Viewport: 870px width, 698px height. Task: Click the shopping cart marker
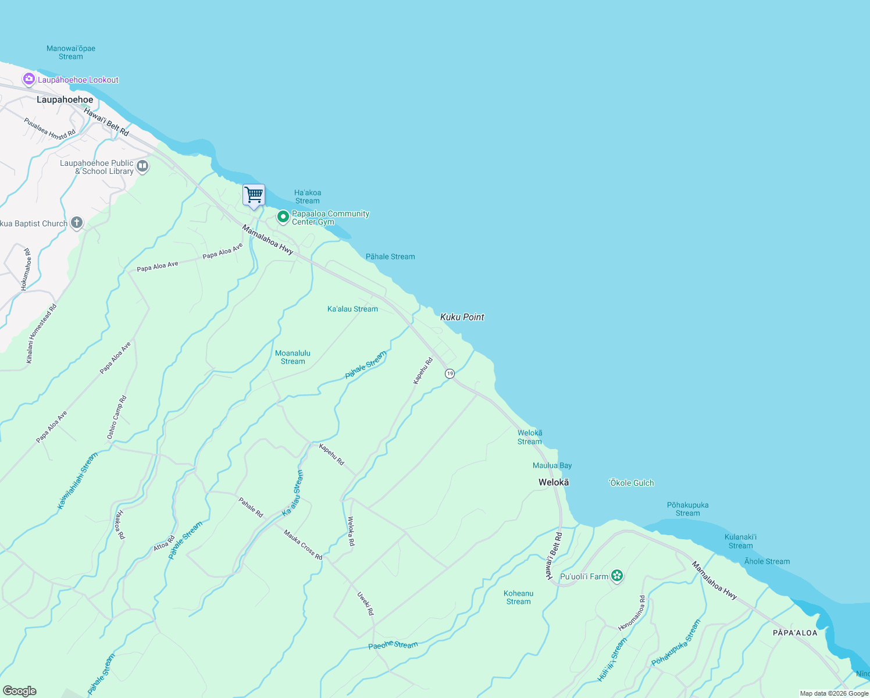(254, 195)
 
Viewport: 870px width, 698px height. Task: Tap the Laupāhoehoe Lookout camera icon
(29, 79)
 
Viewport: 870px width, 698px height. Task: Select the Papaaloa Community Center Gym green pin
(283, 218)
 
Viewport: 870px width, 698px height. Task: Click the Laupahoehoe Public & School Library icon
(142, 167)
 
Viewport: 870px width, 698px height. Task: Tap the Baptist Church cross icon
(76, 223)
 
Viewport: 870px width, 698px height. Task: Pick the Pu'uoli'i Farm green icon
(617, 576)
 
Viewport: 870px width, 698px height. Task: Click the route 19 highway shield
(450, 373)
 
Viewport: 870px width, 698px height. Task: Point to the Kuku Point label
(462, 317)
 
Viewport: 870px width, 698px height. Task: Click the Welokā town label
(554, 482)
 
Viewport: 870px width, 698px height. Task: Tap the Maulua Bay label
(552, 465)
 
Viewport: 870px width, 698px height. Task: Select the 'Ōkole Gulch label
(631, 483)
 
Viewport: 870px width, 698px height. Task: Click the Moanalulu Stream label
(293, 357)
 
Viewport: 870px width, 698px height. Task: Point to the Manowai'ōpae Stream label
(71, 52)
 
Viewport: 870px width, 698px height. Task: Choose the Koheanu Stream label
(518, 597)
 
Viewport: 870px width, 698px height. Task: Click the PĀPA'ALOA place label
(795, 633)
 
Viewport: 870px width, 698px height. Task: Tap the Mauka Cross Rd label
(303, 545)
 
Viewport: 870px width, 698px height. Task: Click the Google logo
(19, 691)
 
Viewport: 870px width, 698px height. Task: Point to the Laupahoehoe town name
(65, 99)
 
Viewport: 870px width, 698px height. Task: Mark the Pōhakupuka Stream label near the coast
(687, 509)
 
